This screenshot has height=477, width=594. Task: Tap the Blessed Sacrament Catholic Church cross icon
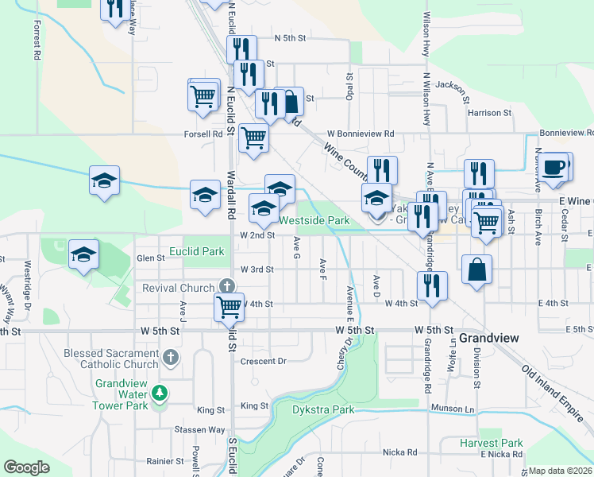click(x=170, y=358)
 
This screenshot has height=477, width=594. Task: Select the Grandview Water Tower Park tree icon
click(x=160, y=393)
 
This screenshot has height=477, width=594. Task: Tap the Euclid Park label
click(x=203, y=250)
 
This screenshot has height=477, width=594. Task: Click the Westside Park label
click(x=314, y=219)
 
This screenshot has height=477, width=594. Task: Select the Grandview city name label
click(x=489, y=338)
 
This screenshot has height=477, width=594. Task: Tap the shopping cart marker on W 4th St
click(x=229, y=307)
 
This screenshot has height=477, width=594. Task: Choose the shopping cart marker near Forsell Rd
click(x=253, y=138)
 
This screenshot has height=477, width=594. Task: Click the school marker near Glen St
click(x=83, y=255)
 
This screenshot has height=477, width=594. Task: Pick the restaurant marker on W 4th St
click(x=432, y=286)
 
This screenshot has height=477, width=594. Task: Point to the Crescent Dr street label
click(x=263, y=361)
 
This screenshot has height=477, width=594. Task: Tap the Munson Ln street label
click(x=452, y=408)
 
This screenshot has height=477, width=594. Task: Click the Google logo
click(x=26, y=467)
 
